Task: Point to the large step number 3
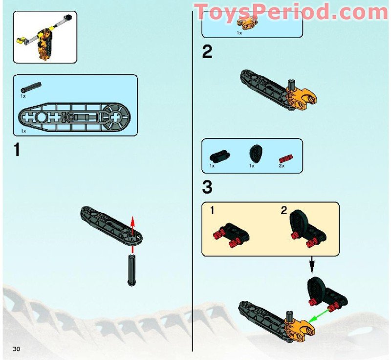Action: (207, 187)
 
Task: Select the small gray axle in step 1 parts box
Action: (31, 87)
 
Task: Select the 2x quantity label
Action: (282, 166)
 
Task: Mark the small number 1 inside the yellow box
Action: (212, 211)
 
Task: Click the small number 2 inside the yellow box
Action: (284, 211)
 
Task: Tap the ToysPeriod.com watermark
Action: (292, 11)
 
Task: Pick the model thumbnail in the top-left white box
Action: (44, 37)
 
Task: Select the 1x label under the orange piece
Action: (239, 33)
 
